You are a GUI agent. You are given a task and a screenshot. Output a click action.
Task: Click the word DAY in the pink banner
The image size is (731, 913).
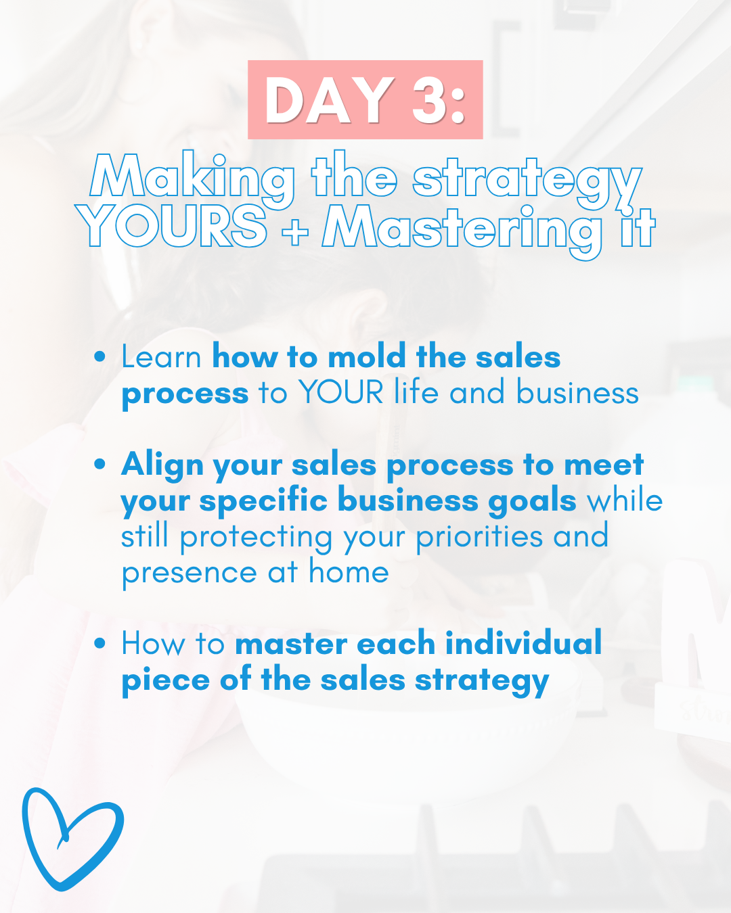[329, 101]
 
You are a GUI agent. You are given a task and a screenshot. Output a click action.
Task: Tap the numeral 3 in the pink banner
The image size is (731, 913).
[428, 101]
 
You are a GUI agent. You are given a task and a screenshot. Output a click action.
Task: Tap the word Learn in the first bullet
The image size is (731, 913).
[161, 357]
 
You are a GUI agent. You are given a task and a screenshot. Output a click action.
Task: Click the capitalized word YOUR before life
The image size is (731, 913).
[341, 392]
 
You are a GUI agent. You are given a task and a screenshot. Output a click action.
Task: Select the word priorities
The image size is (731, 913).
[479, 538]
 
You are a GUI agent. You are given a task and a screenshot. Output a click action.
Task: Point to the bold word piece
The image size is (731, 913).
[166, 681]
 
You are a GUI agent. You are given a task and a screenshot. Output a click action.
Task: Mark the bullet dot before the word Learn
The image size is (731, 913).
[99, 357]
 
